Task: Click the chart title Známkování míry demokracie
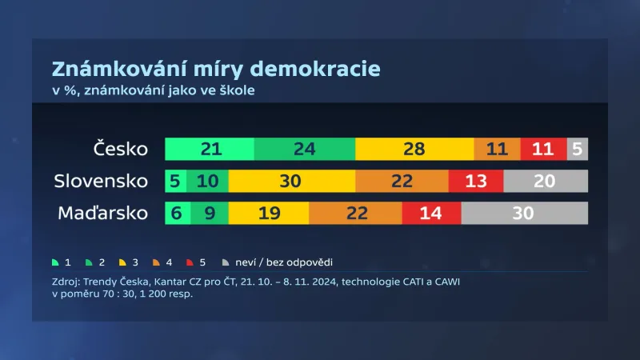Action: coord(216,68)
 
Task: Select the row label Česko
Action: coord(121,150)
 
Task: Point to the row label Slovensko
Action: coord(101,181)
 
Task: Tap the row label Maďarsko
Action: coord(103,214)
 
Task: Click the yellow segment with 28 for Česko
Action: coord(414,150)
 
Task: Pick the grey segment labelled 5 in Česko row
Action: coord(578,150)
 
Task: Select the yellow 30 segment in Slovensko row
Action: coord(290,182)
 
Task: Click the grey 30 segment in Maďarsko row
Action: coord(524,214)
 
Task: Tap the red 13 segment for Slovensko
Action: coord(476,182)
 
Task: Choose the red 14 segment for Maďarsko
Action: coord(431,214)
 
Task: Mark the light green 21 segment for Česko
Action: coord(210,150)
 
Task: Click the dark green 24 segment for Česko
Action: coord(305,150)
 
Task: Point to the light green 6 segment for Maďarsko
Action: coord(177,214)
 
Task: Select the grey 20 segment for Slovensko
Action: coord(545,182)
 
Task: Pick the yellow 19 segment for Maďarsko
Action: coord(269,214)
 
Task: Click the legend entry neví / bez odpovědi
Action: coord(284,262)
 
